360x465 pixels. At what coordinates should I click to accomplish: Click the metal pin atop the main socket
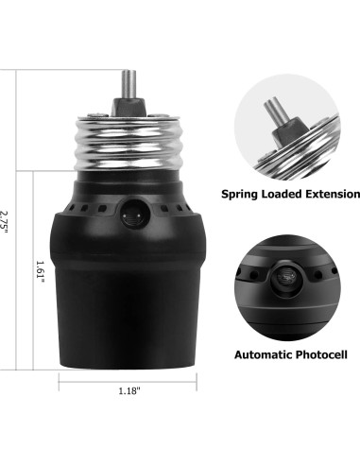coord(129,80)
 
